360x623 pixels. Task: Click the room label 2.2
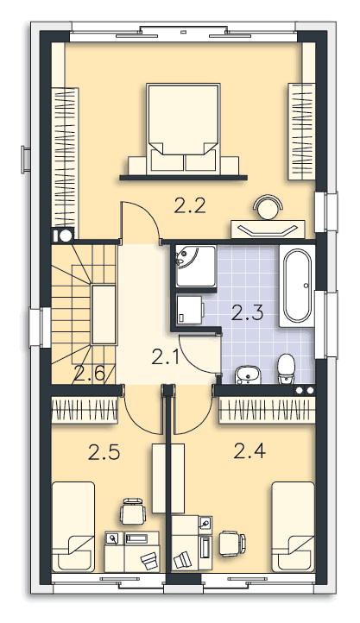pos(190,206)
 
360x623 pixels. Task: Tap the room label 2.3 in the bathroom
pos(247,312)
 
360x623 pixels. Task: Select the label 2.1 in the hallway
pos(166,357)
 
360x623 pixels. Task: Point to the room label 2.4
pos(249,451)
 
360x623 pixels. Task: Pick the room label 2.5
pos(104,452)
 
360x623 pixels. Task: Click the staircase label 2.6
pos(89,374)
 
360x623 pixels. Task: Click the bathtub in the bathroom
pos(297,286)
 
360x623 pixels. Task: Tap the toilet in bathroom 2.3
pos(286,368)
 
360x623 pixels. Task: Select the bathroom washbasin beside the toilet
pos(247,375)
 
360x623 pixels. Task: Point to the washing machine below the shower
pos(190,310)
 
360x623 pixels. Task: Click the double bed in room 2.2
pos(183,129)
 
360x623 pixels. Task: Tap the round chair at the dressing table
pos(268,207)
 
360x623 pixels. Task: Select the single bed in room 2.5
pos(73,527)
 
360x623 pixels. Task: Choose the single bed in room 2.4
pos(294,527)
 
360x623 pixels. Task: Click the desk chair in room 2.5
pos(133,512)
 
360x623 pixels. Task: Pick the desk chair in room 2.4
pos(232,544)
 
